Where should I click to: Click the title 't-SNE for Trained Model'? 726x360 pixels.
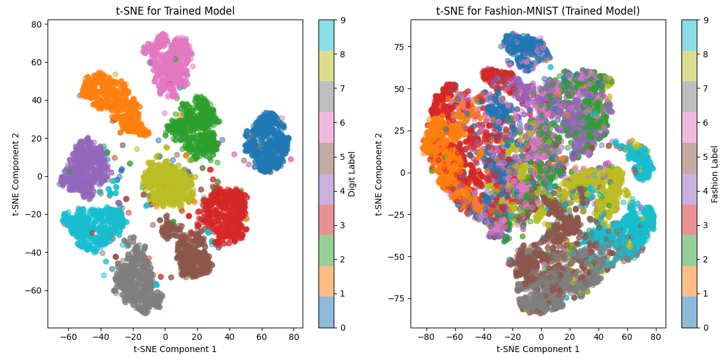click(175, 11)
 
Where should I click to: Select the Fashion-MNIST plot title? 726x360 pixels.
click(537, 11)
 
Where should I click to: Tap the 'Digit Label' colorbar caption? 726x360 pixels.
click(352, 174)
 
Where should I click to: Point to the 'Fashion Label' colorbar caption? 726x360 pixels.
click(715, 174)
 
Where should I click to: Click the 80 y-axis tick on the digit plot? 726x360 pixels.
click(37, 24)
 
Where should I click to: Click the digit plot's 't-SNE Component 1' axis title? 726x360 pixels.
click(175, 349)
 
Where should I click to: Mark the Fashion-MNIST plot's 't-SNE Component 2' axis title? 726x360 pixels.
click(379, 174)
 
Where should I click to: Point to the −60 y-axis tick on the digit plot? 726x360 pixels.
click(34, 290)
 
